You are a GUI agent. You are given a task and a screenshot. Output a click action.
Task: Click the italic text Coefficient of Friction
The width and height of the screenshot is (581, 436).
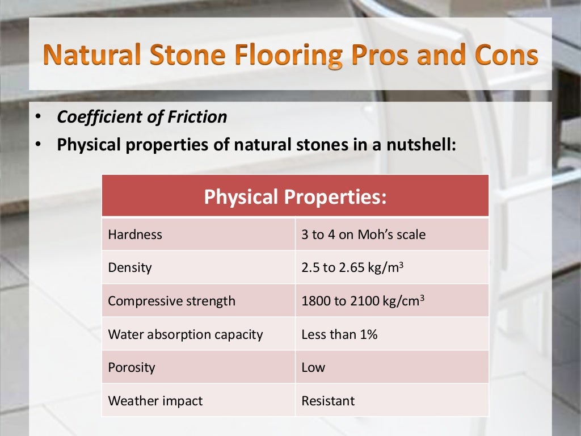coord(142,117)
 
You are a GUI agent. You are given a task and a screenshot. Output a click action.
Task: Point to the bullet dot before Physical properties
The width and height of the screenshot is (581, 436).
coord(37,145)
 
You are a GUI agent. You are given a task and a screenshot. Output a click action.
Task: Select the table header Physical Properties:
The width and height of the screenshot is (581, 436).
coord(295,196)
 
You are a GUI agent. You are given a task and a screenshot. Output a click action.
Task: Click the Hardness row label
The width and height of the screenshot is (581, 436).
coord(135,234)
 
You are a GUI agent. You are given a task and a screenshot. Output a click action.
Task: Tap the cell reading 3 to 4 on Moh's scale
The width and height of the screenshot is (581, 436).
coord(363,234)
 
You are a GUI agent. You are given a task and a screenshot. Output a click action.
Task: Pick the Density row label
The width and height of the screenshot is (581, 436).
coord(130,267)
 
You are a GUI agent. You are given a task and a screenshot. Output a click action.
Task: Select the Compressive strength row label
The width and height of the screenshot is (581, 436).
coord(171,301)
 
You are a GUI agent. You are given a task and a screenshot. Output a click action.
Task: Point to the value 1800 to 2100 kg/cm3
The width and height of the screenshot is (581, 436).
coord(363,301)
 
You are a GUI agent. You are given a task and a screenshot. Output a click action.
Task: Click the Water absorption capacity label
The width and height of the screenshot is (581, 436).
coord(186,334)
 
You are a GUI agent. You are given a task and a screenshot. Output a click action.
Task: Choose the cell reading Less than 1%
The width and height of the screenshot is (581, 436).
coord(339,334)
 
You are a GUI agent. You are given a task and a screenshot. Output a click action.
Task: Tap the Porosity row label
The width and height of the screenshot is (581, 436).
coord(132,367)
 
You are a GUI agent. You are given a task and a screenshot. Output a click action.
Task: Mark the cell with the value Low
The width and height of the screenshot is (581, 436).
coord(313,367)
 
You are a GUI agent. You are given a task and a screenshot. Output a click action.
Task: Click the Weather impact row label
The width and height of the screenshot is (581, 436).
coord(155,401)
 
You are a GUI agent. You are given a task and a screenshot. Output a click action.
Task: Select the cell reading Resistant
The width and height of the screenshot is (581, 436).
coord(328,401)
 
